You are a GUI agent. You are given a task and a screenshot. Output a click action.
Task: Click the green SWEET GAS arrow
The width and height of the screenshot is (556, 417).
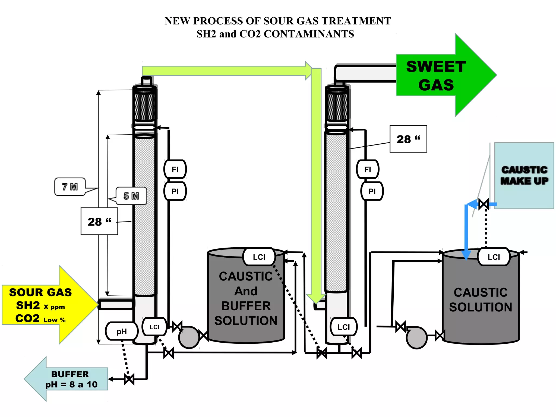[440, 75]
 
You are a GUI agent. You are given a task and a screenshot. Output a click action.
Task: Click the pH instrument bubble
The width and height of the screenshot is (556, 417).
[122, 331]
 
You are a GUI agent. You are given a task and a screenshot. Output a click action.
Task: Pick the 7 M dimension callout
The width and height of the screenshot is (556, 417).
[70, 187]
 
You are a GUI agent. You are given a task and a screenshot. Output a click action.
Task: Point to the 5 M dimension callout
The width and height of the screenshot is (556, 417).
[131, 196]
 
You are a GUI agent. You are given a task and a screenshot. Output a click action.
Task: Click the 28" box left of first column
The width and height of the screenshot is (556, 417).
[99, 222]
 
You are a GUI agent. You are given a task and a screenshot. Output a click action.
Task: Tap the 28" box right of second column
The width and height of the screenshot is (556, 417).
[408, 139]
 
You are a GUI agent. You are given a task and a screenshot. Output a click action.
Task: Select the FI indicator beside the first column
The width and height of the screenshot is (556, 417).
[175, 169]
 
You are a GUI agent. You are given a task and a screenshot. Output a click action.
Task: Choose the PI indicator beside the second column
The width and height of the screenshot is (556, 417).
[372, 191]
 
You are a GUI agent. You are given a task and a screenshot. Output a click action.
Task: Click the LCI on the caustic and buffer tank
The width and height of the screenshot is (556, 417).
[259, 257]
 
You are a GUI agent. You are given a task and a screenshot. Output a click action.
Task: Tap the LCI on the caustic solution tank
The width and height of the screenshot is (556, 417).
[493, 257]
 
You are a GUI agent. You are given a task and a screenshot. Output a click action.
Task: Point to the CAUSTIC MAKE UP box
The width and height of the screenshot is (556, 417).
[524, 176]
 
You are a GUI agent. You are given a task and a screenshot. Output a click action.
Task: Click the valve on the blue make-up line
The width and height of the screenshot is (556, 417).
[484, 204]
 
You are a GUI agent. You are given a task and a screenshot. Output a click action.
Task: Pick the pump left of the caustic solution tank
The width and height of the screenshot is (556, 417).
[416, 337]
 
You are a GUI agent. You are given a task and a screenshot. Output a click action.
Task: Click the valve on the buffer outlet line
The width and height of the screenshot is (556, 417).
[129, 379]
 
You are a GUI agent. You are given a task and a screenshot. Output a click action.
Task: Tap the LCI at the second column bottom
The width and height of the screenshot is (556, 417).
[343, 327]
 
